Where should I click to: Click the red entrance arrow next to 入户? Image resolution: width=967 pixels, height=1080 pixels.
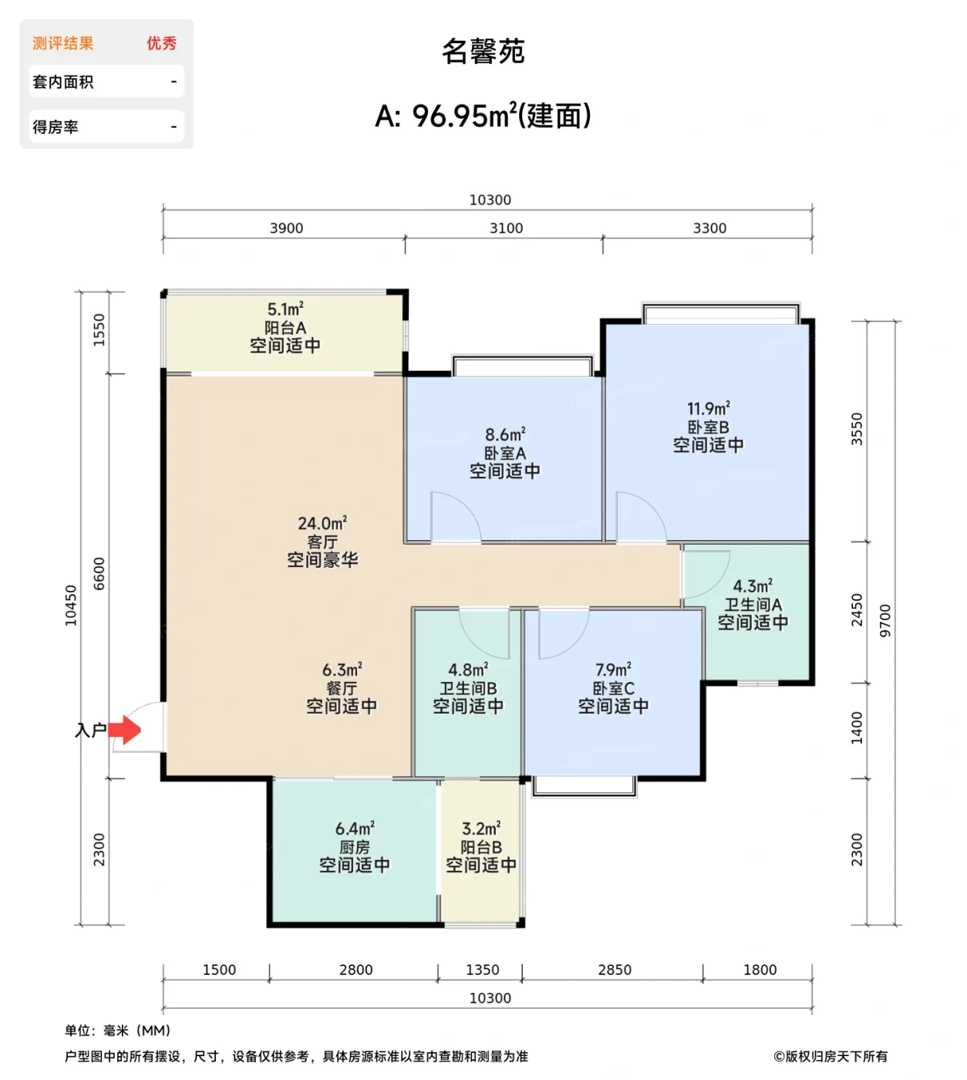tap(125, 729)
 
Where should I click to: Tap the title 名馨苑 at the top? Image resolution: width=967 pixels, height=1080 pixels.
tap(483, 52)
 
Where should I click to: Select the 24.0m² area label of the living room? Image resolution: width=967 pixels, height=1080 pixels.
tap(322, 524)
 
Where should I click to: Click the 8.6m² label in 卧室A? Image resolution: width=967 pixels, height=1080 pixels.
tap(505, 435)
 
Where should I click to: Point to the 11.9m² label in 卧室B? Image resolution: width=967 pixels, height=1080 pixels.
tap(708, 409)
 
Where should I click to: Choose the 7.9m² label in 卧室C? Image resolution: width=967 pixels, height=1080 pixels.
tap(613, 670)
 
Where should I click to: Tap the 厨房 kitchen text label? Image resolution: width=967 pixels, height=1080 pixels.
tap(355, 847)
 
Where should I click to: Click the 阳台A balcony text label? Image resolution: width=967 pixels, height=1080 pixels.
tap(285, 328)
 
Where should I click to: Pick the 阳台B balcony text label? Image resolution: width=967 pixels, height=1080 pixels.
tap(481, 847)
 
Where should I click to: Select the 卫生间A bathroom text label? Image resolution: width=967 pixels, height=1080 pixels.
tap(753, 605)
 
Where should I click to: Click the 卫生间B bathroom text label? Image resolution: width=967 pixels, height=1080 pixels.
tap(468, 688)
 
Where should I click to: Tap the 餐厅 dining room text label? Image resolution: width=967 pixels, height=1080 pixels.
tap(342, 688)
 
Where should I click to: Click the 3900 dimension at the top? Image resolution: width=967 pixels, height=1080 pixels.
tap(286, 228)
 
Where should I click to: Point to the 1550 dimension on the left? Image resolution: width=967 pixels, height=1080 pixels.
tap(99, 330)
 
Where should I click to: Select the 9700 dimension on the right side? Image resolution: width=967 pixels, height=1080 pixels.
tap(885, 620)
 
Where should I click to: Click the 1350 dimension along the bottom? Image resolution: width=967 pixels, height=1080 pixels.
tap(482, 970)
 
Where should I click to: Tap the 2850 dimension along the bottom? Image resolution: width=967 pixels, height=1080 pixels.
tap(615, 970)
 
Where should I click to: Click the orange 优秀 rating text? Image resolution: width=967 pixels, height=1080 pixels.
tap(161, 43)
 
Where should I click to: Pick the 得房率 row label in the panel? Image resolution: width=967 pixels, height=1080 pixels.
tap(56, 127)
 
